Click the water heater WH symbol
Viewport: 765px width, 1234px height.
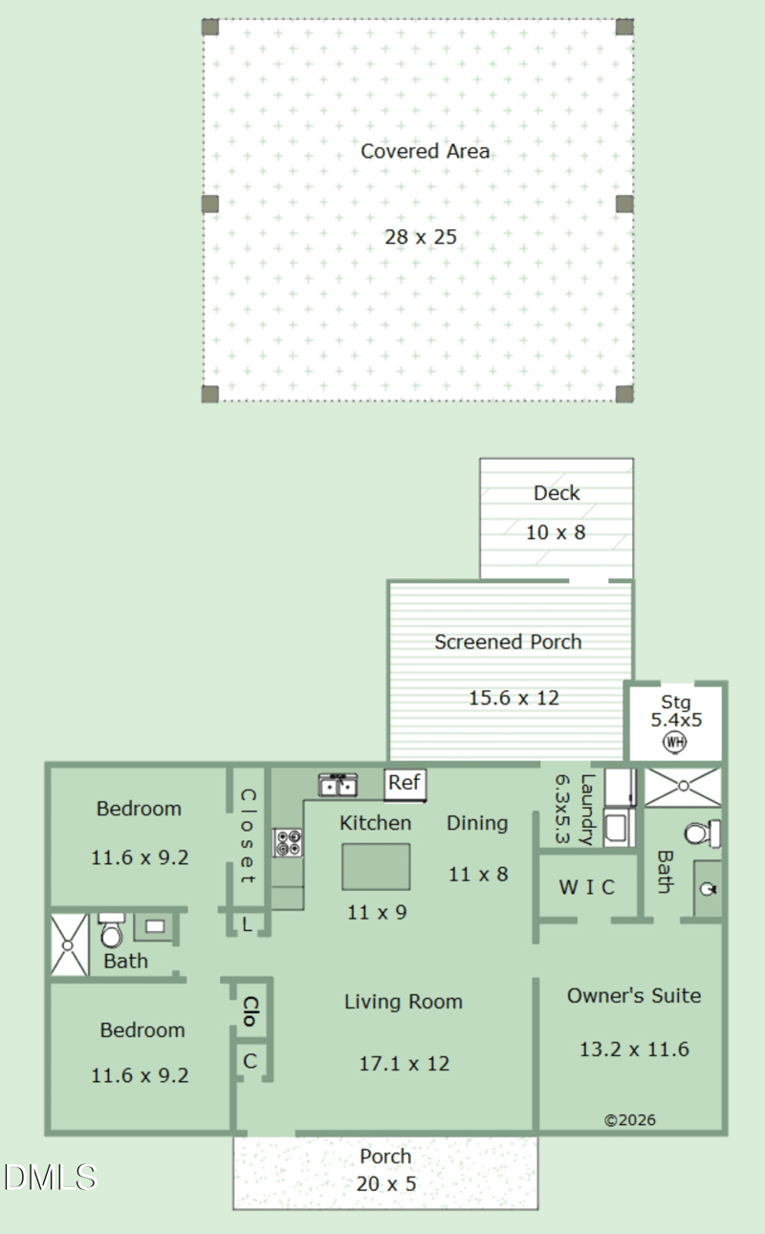pyautogui.click(x=675, y=742)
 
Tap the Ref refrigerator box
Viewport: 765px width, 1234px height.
pyautogui.click(x=404, y=783)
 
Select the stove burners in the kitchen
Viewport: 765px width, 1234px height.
pyautogui.click(x=288, y=842)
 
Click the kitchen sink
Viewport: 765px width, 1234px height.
pyautogui.click(x=338, y=785)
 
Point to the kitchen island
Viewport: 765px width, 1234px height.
pyautogui.click(x=376, y=866)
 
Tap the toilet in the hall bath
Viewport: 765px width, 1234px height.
pyautogui.click(x=112, y=930)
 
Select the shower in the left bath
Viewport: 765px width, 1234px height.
pyautogui.click(x=69, y=945)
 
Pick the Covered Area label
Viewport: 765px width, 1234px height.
pyautogui.click(x=425, y=151)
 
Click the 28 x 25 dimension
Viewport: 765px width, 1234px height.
pyautogui.click(x=421, y=237)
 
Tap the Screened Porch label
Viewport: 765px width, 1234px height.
pyautogui.click(x=508, y=642)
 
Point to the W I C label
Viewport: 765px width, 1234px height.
pyautogui.click(x=586, y=887)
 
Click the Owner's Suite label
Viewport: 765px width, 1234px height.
pyautogui.click(x=634, y=996)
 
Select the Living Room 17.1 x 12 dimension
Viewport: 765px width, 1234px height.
pyautogui.click(x=404, y=1063)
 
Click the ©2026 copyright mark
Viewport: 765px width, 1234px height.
pyautogui.click(x=630, y=1119)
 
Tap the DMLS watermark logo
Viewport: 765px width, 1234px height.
pyautogui.click(x=50, y=1177)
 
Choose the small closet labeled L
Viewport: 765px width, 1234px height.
pyautogui.click(x=247, y=923)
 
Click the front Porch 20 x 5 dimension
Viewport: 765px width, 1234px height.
pyautogui.click(x=387, y=1183)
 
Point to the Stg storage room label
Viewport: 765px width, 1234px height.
pyautogui.click(x=675, y=704)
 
